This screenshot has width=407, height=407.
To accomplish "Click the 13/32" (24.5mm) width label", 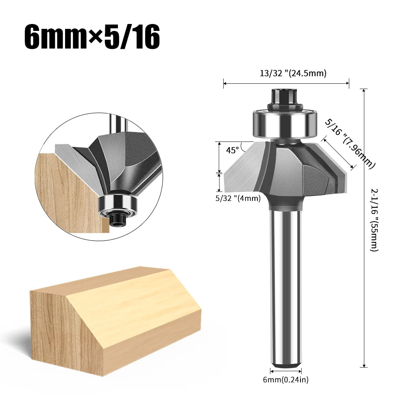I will coord(287,73).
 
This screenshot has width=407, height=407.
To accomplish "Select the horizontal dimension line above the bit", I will coord(286,83).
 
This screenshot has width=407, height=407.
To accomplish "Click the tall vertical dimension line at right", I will coord(364,228).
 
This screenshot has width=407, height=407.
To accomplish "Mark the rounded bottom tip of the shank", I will coord(286,364).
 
